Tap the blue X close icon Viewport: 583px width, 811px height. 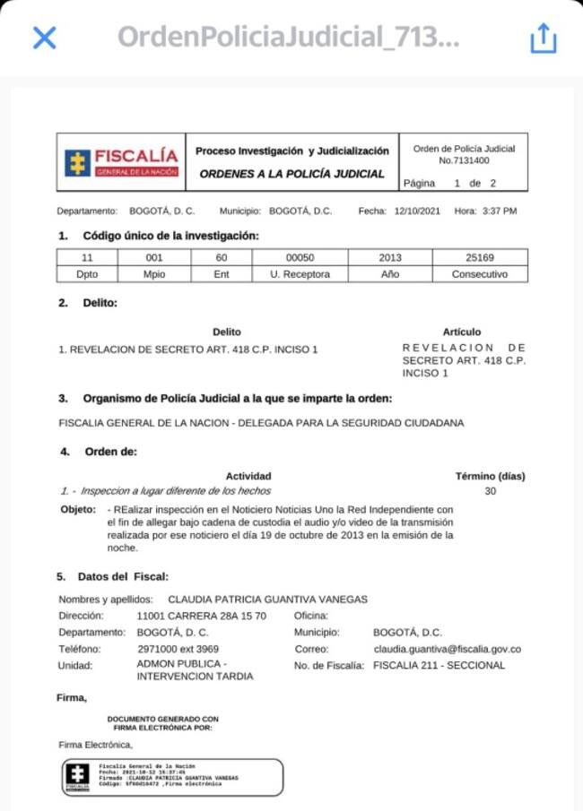pyautogui.click(x=44, y=38)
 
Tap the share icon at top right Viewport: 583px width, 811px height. pyautogui.click(x=543, y=38)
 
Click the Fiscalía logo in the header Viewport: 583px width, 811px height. pyautogui.click(x=121, y=162)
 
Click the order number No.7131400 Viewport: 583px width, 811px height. pyautogui.click(x=464, y=160)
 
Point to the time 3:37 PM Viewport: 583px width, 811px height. pyautogui.click(x=499, y=211)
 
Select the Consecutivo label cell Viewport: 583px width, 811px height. pyautogui.click(x=479, y=273)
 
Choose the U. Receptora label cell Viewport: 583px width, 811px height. pyautogui.click(x=300, y=273)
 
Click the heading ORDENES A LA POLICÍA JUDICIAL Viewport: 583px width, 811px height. pyautogui.click(x=291, y=174)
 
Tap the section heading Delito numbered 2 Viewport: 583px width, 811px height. pyautogui.click(x=99, y=303)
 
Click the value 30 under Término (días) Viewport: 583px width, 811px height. pyautogui.click(x=490, y=491)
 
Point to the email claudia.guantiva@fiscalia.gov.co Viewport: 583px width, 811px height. pyautogui.click(x=448, y=649)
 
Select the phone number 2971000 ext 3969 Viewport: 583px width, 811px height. pyautogui.click(x=178, y=649)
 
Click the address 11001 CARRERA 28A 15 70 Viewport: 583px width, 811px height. pyautogui.click(x=201, y=616)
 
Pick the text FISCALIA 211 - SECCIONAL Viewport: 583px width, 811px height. pyautogui.click(x=439, y=665)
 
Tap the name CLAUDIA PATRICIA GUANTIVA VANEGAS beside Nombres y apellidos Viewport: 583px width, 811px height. pyautogui.click(x=268, y=599)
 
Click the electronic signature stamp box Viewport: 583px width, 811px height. pyautogui.click(x=172, y=777)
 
